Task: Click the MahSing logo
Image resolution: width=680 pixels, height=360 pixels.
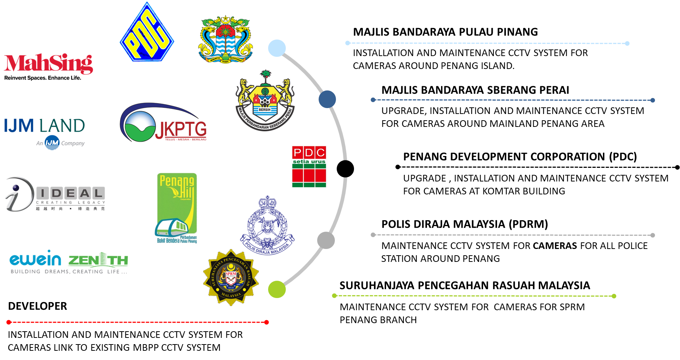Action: (48, 66)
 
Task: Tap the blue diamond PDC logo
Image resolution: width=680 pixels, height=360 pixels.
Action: (147, 32)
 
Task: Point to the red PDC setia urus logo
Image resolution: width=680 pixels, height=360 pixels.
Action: (309, 166)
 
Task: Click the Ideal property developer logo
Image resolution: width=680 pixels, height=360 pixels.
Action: (55, 194)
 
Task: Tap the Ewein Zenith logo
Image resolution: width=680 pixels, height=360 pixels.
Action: (69, 263)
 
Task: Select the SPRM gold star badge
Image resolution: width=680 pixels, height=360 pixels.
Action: (231, 277)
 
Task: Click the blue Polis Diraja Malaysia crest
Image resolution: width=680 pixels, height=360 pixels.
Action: (267, 226)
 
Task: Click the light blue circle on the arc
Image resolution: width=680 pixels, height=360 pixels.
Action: (277, 48)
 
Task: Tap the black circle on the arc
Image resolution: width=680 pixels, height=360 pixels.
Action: (345, 169)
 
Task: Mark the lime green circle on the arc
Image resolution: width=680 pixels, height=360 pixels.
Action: (277, 289)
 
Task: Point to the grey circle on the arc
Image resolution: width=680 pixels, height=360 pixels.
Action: (326, 240)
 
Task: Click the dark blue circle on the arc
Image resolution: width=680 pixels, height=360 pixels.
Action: (327, 99)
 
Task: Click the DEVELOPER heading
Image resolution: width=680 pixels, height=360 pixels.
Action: (38, 306)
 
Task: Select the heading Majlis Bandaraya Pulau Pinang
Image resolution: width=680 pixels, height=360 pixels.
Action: (445, 32)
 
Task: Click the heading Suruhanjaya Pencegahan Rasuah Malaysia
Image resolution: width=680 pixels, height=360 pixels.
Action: (465, 285)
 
